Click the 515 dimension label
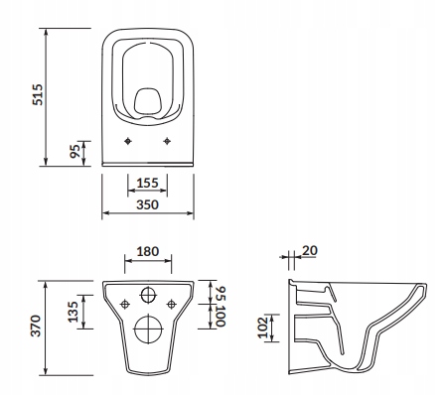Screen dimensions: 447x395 (38, 94)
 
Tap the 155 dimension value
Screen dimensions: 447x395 (147, 183)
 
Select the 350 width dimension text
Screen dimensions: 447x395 (147, 204)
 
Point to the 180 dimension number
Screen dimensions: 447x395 (148, 251)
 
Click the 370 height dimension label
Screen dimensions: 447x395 (36, 326)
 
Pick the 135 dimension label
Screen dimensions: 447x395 (73, 312)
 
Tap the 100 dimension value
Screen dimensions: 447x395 (221, 317)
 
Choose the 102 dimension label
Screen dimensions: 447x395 (263, 328)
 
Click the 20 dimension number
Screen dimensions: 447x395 (310, 250)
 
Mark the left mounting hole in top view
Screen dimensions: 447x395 (128, 141)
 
